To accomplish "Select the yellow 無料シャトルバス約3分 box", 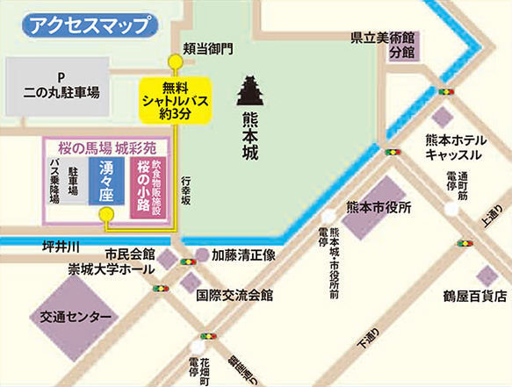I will tap(176, 99).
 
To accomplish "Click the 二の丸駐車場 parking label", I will tap(61, 83).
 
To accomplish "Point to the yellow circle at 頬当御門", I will tap(175, 61).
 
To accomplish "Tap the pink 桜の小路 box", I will tap(140, 187).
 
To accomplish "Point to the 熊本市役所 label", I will tap(379, 207).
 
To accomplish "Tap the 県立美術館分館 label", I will tap(382, 45).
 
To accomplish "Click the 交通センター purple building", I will tap(74, 316).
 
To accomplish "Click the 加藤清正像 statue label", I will tap(244, 255).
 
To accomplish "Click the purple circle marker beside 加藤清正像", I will tap(202, 255).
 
